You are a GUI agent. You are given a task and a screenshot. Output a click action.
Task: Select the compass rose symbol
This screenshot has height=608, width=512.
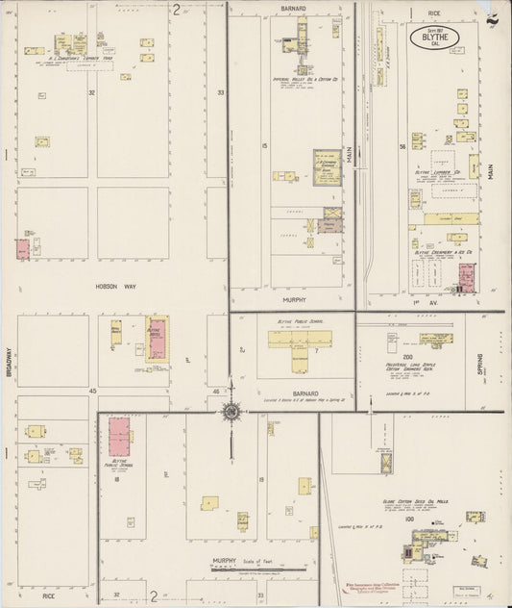point(232,413)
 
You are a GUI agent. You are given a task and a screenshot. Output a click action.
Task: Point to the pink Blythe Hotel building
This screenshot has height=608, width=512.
point(156,338)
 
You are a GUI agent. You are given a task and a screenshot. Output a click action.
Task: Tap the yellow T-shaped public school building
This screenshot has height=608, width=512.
point(299,341)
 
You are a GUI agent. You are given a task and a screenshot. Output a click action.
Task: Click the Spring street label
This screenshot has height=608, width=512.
point(478,365)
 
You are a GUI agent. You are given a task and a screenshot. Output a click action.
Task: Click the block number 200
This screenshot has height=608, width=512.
point(407,356)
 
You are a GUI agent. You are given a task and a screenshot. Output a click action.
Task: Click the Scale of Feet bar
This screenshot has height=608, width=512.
point(252,570)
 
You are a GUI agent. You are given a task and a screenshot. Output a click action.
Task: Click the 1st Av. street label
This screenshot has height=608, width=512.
point(417,303)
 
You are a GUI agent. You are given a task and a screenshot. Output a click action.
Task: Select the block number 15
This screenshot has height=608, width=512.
point(263,145)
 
